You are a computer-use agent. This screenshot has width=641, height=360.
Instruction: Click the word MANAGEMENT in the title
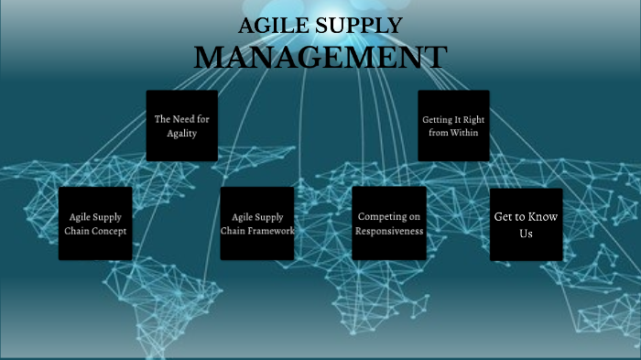(320, 56)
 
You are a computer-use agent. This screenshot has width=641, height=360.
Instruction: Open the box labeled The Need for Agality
(182, 125)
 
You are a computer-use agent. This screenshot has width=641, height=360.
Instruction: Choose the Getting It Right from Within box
(453, 125)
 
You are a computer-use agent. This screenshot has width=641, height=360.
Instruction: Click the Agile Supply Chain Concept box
(95, 224)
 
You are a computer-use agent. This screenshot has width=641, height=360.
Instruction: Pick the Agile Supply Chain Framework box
(257, 224)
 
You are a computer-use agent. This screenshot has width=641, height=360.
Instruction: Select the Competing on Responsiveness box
(389, 224)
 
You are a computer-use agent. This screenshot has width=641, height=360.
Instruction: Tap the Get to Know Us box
(526, 224)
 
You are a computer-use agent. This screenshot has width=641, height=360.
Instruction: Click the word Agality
(182, 134)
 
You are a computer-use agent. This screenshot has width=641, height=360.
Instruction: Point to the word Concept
(108, 231)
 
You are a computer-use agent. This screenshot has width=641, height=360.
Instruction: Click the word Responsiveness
(389, 232)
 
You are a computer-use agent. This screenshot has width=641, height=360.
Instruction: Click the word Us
(526, 234)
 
